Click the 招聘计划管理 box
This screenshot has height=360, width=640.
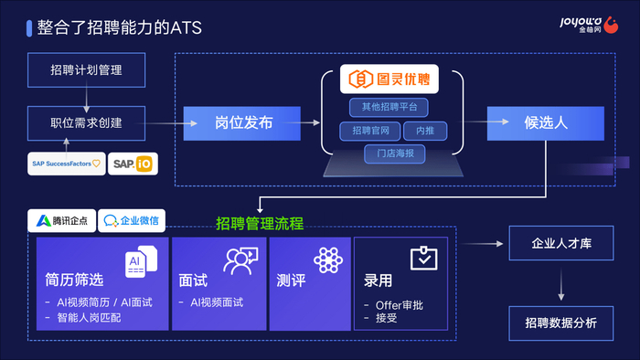(x=87, y=69)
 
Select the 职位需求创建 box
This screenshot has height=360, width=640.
(x=87, y=123)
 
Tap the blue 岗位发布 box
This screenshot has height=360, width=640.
(x=242, y=123)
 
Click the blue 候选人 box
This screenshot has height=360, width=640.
(x=546, y=123)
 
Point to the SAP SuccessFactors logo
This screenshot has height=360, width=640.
(x=67, y=164)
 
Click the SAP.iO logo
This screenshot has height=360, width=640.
(x=133, y=164)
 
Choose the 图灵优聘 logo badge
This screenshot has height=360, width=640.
(x=389, y=79)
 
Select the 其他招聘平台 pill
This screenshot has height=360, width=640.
(x=389, y=107)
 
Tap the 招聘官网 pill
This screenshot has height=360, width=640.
(x=370, y=131)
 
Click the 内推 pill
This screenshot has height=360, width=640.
(x=425, y=131)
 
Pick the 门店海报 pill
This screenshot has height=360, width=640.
(x=395, y=154)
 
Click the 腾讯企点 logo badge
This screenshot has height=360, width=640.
(x=62, y=220)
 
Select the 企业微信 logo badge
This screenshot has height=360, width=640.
(x=132, y=220)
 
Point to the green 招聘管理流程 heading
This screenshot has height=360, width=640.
(x=260, y=224)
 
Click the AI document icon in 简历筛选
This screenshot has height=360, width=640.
(x=141, y=261)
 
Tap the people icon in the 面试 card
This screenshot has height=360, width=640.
(x=240, y=260)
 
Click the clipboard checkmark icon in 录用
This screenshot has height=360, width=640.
(x=423, y=258)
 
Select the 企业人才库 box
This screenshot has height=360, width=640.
(x=561, y=243)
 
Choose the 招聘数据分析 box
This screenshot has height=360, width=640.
(x=561, y=323)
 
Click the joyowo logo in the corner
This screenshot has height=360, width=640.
(x=589, y=25)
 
